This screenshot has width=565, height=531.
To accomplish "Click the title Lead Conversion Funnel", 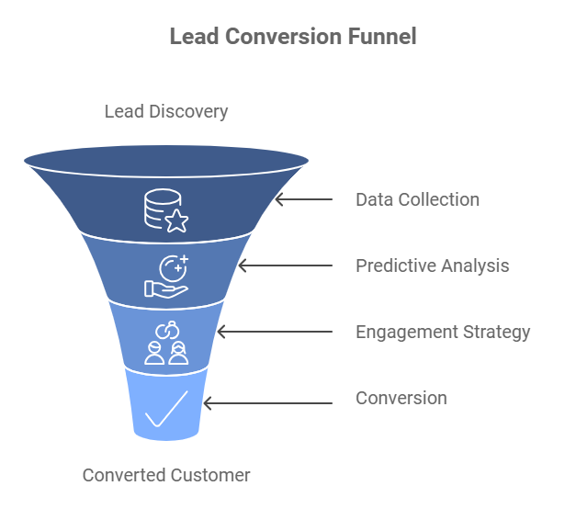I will [293, 37].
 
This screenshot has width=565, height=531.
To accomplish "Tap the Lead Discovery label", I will [166, 112].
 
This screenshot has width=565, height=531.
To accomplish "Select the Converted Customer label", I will [166, 475].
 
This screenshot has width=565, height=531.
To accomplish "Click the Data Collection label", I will [417, 199].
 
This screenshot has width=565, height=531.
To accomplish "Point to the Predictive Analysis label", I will [432, 266].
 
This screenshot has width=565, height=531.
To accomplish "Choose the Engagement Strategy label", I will [443, 332].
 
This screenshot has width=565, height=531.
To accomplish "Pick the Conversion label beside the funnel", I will [401, 398].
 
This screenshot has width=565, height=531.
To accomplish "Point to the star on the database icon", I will [176, 220].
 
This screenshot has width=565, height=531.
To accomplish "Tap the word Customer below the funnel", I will [209, 475].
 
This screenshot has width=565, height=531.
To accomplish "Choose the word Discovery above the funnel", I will [189, 112].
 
